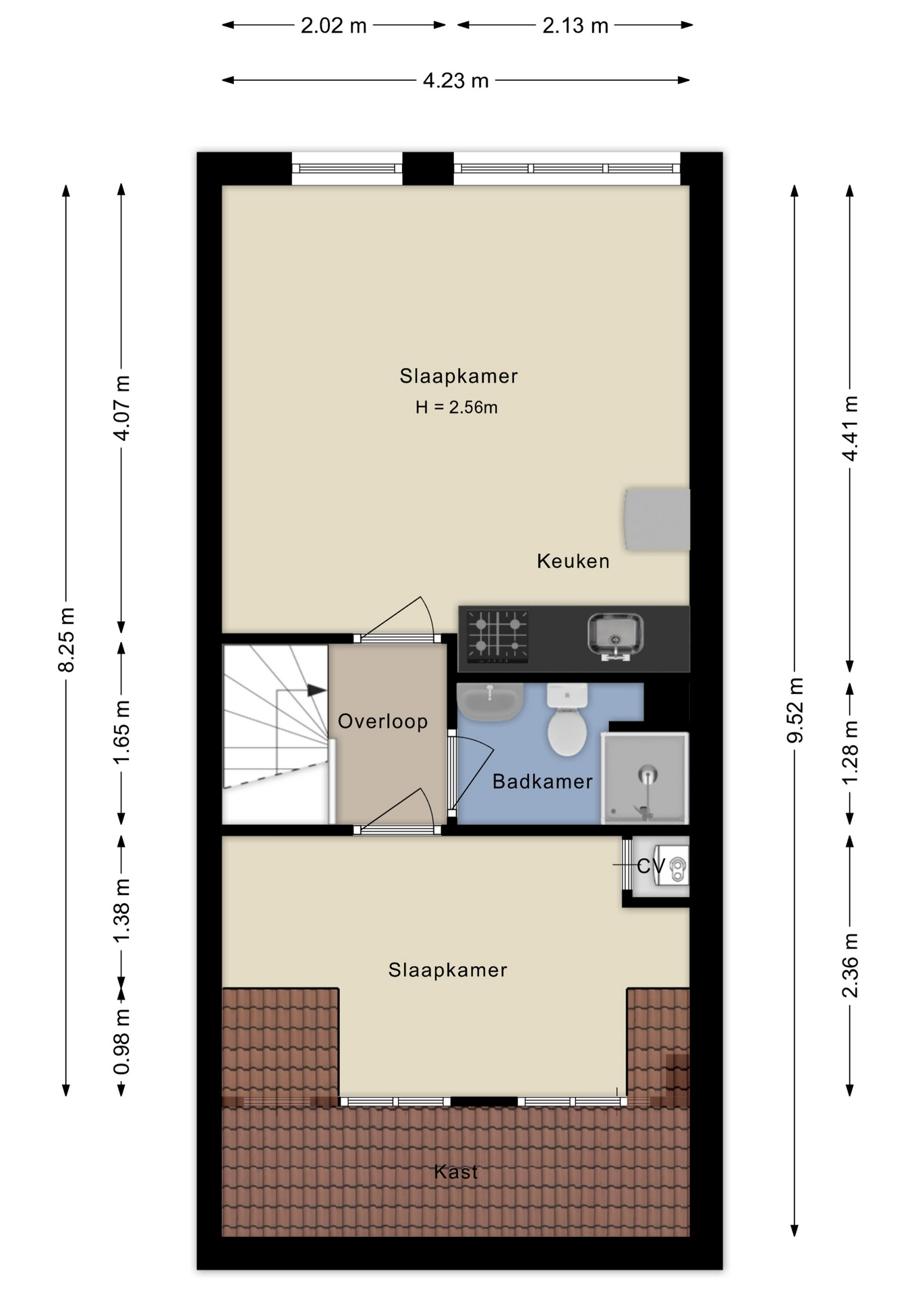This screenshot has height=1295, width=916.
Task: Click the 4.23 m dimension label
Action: point(455,81)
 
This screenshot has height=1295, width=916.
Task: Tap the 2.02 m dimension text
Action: point(333,26)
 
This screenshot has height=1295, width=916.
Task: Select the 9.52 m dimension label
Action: point(796,710)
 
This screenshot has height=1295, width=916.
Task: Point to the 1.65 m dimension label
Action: point(121,732)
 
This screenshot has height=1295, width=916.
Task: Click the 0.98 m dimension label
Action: point(121,1041)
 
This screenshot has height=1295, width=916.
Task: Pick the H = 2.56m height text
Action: point(457,407)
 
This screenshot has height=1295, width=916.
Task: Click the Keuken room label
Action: point(573,561)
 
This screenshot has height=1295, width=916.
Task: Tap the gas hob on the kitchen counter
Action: point(497,635)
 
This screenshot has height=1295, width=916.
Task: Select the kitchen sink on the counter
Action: point(614,635)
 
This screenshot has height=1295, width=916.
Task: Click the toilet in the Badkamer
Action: point(567,722)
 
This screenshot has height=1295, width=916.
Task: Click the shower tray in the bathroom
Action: point(645,778)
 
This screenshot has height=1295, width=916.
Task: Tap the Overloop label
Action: point(382,722)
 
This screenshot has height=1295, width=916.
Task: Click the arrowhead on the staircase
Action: point(316,690)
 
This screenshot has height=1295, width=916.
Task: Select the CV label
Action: point(650,866)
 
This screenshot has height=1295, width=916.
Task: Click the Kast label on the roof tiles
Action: point(456,1172)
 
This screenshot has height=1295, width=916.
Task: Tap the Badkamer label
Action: point(542,782)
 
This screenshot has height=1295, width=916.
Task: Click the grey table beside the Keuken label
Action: point(657,520)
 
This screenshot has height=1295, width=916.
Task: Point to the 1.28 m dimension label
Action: point(851,752)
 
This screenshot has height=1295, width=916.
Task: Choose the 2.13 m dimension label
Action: point(575,26)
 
